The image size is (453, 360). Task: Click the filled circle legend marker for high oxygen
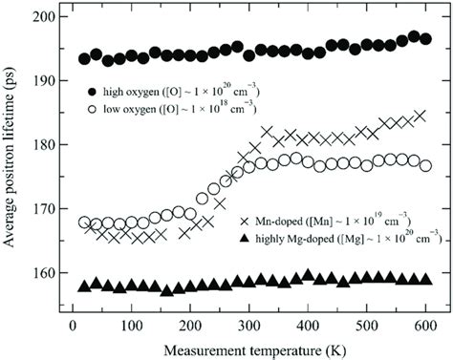pyautogui.click(x=91, y=92)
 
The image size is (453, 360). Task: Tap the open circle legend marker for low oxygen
pyautogui.click(x=91, y=110)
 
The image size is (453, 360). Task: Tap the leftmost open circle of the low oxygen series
pyautogui.click(x=84, y=222)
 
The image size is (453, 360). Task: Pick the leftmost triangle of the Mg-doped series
pyautogui.click(x=84, y=285)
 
